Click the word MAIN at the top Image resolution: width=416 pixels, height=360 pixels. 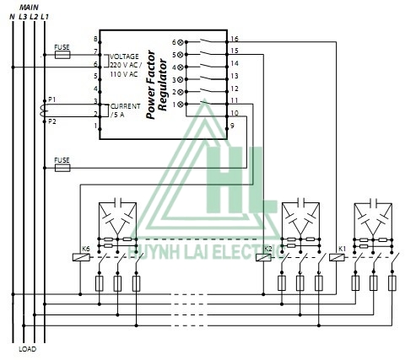(x=30, y=6)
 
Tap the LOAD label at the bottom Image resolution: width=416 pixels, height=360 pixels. (x=28, y=348)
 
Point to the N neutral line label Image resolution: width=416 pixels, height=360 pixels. (x=12, y=16)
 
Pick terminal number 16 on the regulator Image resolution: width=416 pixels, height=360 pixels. (x=234, y=40)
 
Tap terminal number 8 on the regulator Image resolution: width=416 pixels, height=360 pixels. (x=95, y=40)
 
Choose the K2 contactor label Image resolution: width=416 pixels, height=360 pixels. (x=268, y=249)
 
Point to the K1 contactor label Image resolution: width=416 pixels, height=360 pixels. (x=341, y=249)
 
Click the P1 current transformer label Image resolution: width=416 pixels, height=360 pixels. (x=51, y=99)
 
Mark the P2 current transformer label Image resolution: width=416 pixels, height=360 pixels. (x=51, y=121)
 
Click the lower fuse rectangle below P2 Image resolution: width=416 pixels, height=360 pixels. (x=62, y=166)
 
